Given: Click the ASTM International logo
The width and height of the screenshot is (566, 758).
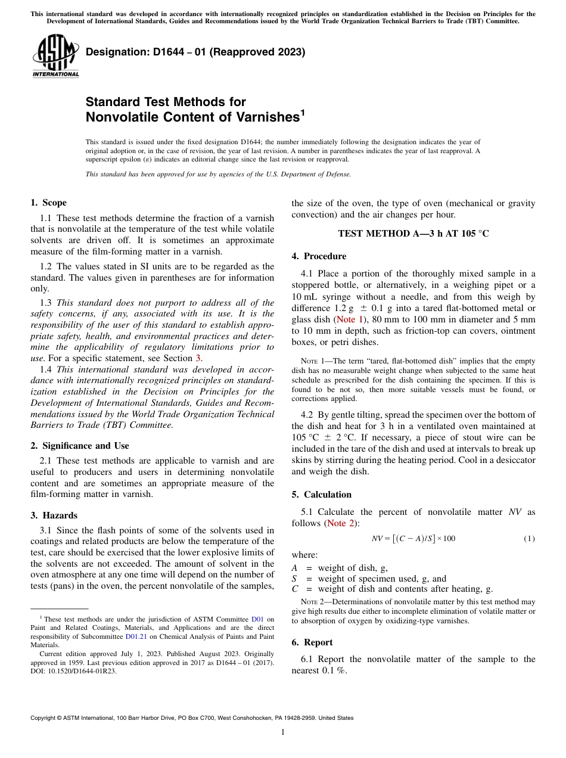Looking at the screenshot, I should pos(55,56).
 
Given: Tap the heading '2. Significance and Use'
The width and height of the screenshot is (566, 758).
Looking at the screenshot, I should pos(79,446).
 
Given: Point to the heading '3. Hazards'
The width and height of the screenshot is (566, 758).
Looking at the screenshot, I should pos(54,515).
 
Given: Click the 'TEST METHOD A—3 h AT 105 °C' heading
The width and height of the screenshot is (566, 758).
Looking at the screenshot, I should pos(413,234).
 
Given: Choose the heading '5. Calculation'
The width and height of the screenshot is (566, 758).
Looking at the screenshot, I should pos(322,495).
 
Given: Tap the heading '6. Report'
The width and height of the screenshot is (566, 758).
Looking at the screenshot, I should pos(312,642).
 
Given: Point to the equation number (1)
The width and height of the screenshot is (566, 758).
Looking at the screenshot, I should pos(529,539).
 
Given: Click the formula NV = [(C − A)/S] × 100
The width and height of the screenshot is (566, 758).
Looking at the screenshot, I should pos(413,539).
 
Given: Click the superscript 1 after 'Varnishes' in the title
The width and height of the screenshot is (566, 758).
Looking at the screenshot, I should pos(303,111).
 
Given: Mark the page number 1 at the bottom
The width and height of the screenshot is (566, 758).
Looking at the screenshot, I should pos(283,732).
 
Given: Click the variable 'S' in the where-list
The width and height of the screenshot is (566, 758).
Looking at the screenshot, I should pos(294,579).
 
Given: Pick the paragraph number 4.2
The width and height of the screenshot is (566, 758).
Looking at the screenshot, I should pos(307,415).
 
